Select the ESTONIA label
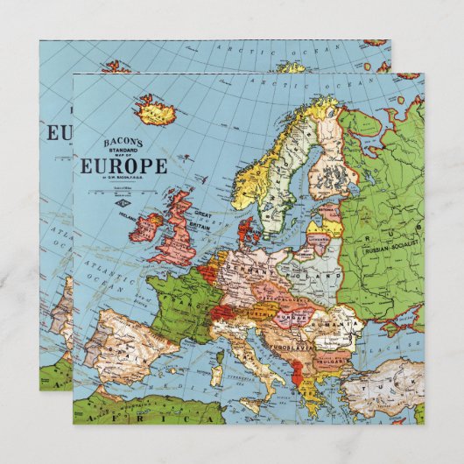tap(328, 209)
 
